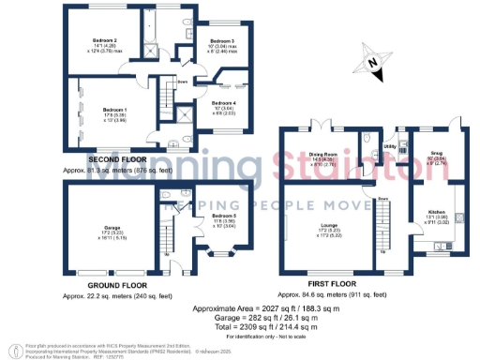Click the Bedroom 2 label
104,41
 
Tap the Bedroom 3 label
221,41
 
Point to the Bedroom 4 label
223,101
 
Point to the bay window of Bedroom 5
222,252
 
